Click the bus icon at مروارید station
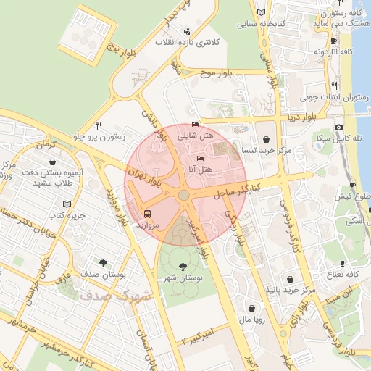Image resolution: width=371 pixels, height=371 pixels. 148,214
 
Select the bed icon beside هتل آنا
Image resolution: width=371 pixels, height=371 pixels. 201,158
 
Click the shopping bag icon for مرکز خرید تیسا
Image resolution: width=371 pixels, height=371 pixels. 265,137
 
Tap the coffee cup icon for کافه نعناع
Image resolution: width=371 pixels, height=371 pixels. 343,262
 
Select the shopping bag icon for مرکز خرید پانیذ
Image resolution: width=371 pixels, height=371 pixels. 291,279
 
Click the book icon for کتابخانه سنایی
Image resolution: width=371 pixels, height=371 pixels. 261,12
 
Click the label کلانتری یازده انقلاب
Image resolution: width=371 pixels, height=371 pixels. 189,43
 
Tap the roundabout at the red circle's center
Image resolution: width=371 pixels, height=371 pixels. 184,195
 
